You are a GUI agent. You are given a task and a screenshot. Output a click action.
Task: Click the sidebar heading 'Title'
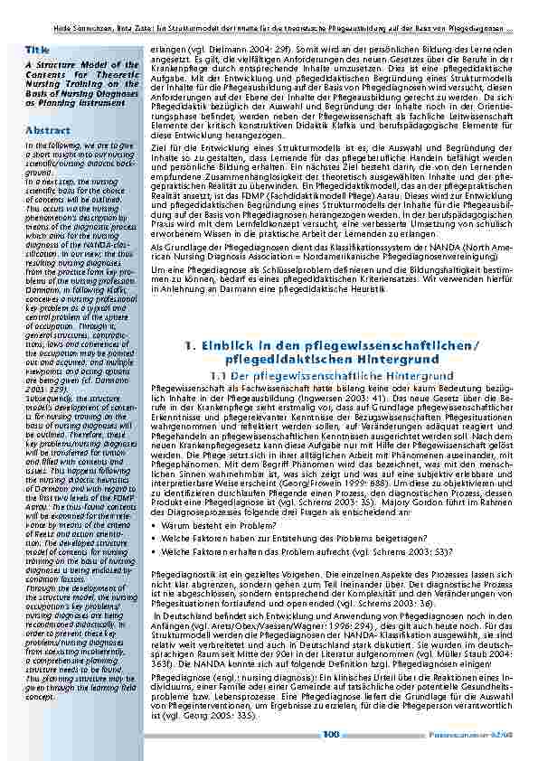click(x=39, y=49)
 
